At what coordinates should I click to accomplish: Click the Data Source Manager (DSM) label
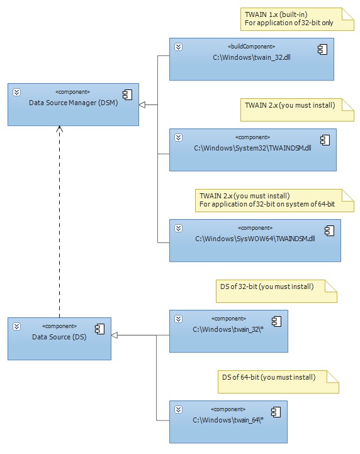73,103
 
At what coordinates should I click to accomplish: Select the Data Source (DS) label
59,338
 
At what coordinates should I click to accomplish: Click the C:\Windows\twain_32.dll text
251,57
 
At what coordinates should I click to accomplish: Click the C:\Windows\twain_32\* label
227,329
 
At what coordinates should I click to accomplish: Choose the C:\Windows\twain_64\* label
227,420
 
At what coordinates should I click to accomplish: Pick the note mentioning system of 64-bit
273,200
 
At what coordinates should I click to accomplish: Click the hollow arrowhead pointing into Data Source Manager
143,104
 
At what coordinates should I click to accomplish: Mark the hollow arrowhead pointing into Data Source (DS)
115,336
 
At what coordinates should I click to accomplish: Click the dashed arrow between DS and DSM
60,220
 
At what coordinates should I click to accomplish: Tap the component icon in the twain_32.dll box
322,48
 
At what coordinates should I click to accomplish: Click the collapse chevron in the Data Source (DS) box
17,327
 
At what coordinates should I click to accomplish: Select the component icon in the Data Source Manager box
127,94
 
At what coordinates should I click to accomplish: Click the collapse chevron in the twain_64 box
178,410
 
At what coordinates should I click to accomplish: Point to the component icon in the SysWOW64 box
329,230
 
